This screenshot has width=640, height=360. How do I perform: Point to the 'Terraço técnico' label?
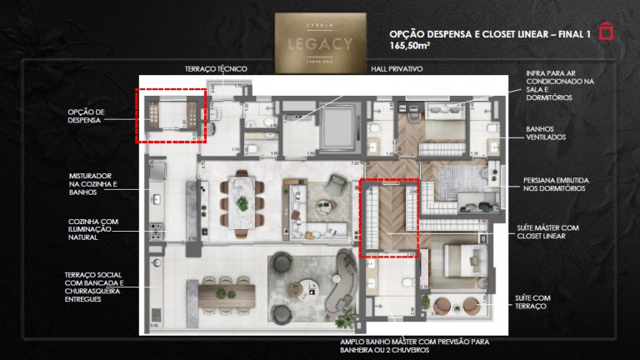(215, 68)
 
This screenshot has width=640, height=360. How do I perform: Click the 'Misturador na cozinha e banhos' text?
(95, 184)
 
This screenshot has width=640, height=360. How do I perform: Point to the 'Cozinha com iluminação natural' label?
(94, 230)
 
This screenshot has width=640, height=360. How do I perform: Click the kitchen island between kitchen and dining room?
(192, 208)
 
